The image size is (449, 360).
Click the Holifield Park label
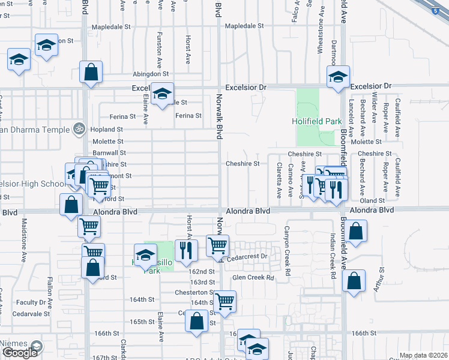coord(316,121)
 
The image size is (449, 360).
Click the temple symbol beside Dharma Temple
coord(77,128)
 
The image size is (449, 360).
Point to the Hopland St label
coord(106,129)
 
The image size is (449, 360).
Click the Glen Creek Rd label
coord(253,278)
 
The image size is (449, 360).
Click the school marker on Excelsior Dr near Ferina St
coord(162,94)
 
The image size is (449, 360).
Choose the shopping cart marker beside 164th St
coord(224,301)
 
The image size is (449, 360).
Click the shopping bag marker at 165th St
coord(197,321)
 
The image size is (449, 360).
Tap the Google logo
coord(20,353)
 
